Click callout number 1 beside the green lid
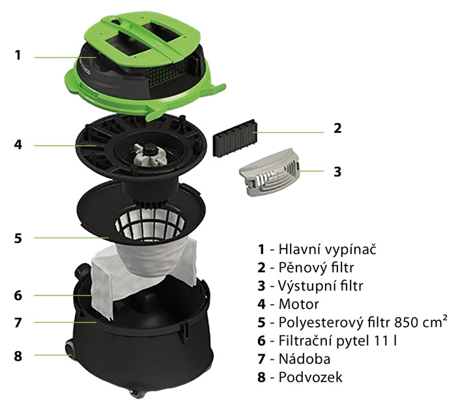(x=18, y=55)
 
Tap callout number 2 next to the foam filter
(x=337, y=128)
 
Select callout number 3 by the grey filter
(x=337, y=172)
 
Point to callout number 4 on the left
(x=18, y=145)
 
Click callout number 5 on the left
(x=18, y=238)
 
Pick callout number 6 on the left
(x=18, y=295)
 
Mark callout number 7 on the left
(x=18, y=322)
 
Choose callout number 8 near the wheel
(x=18, y=356)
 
